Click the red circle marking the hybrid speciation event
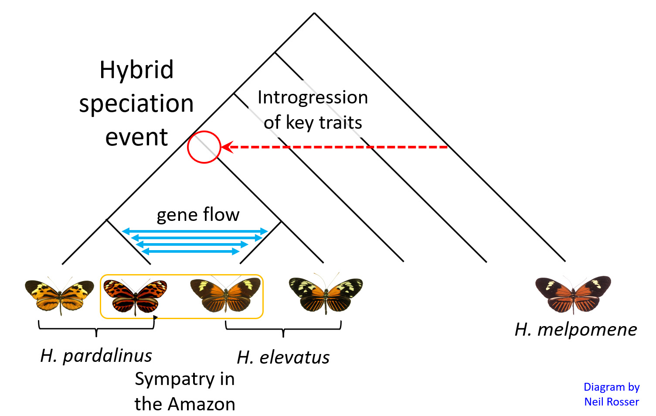(x=204, y=147)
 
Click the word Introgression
(x=313, y=97)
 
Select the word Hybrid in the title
(x=136, y=70)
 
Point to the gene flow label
(x=198, y=215)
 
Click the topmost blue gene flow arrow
(x=195, y=231)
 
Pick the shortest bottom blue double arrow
(x=190, y=251)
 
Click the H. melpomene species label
(x=575, y=330)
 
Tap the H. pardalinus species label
(x=96, y=356)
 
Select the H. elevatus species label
(x=283, y=358)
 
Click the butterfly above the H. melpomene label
(x=573, y=294)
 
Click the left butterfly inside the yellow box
(x=135, y=296)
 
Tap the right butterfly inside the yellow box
(x=225, y=295)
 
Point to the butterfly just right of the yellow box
(x=326, y=294)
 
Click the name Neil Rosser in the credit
(x=612, y=402)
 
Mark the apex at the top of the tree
(x=314, y=14)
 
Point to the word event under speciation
(x=136, y=138)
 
